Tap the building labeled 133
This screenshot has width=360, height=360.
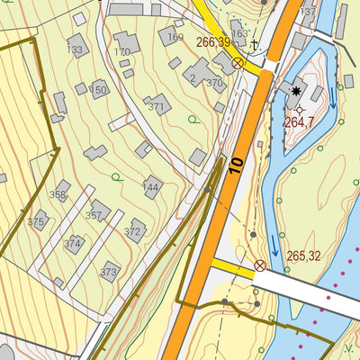76,46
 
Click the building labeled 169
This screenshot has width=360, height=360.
171,35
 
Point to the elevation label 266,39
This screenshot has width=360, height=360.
212,42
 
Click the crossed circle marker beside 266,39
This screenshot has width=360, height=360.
238,63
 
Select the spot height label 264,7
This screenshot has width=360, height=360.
299,122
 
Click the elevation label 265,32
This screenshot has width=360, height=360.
303,256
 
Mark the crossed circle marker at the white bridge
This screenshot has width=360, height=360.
260,265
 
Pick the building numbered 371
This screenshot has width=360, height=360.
157,104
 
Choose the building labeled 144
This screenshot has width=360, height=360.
152,186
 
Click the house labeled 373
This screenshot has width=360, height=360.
109,270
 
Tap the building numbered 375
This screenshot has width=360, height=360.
37,220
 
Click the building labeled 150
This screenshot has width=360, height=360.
97,89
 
